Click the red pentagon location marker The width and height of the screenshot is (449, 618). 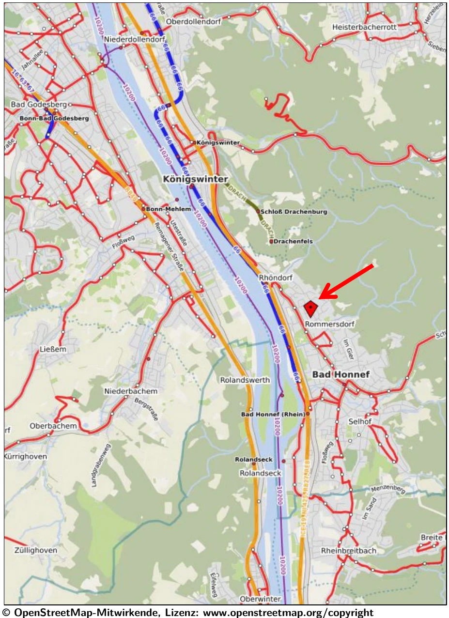tap(310, 308)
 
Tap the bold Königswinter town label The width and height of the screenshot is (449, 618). tap(195, 179)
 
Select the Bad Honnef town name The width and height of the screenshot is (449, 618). tap(341, 374)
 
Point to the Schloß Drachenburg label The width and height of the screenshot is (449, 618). tap(294, 212)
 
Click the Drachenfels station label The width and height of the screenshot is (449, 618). tap(294, 241)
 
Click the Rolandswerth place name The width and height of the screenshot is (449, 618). tap(245, 380)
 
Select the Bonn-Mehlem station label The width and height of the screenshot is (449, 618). tap(165, 209)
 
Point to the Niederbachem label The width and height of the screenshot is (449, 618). tap(131, 391)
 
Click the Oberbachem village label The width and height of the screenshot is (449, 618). tap(53, 426)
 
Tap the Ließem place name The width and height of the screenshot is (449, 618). tap(53, 349)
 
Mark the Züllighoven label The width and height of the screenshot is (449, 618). tap(35, 550)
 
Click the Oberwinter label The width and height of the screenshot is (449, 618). tap(260, 599)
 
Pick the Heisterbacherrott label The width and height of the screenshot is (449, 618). tap(364, 27)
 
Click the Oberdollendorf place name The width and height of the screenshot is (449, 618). tap(192, 22)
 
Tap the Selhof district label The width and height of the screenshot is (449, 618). tap(359, 421)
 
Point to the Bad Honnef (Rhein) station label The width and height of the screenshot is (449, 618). tap(273, 414)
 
